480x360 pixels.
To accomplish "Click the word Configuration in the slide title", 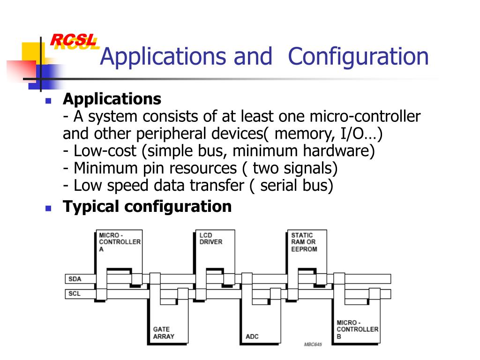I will tap(358, 57).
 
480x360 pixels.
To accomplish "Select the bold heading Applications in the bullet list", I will tap(112, 99).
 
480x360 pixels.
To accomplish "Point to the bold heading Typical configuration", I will tap(147, 206).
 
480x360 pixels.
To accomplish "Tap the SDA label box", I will tap(75, 279).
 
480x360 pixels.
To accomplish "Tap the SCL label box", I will tap(75, 294).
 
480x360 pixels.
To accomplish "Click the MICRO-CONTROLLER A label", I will tap(119, 242).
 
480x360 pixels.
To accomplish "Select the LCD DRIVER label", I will tap(211, 239).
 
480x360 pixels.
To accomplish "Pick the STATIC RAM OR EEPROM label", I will tap(304, 242).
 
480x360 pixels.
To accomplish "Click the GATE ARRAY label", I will tap(164, 333).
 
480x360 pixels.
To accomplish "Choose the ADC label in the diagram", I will tap(252, 337).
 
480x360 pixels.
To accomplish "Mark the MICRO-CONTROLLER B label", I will tap(357, 330).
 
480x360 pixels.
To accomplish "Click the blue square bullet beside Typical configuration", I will tap(48, 207).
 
